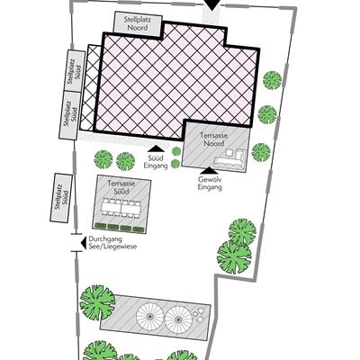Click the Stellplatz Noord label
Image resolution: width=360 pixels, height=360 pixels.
[138, 23]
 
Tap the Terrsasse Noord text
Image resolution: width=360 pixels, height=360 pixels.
[214, 139]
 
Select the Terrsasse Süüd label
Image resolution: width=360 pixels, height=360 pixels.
[121, 187]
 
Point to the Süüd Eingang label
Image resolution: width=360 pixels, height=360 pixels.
[156, 162]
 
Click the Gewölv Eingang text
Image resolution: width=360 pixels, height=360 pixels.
[210, 183]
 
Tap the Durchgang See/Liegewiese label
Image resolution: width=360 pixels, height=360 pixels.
[112, 243]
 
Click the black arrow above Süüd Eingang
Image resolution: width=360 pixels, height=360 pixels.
[156, 148]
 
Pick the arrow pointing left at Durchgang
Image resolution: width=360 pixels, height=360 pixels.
[80, 243]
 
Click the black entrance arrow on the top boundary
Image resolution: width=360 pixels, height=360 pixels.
[211, 4]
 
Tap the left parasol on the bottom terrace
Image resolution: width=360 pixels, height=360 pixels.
[150, 317]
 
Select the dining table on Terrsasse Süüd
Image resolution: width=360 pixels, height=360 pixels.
[121, 207]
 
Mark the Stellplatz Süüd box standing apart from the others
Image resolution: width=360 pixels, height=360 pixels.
[61, 198]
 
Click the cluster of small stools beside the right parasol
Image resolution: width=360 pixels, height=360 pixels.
[199, 315]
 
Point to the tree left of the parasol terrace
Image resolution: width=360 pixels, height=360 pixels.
[97, 301]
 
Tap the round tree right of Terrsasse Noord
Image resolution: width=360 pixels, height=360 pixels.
[261, 152]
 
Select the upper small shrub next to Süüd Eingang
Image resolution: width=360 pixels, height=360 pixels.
[176, 151]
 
